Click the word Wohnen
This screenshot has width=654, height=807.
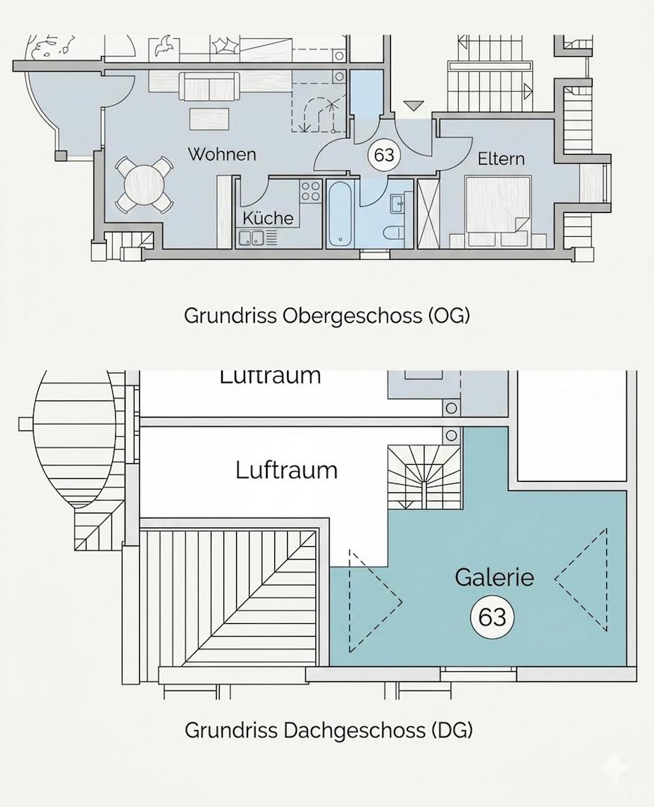click(x=221, y=155)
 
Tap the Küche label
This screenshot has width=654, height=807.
click(x=268, y=218)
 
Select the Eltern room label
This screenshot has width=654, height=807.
click(x=501, y=158)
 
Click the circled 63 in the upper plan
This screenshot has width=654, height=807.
click(x=383, y=155)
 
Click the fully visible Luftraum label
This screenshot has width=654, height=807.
click(x=286, y=471)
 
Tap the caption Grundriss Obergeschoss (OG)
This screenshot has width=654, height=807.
click(x=327, y=316)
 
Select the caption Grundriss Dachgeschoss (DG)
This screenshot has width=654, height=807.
click(x=329, y=730)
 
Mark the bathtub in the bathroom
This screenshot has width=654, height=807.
click(x=341, y=214)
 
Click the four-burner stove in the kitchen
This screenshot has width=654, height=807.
click(x=310, y=191)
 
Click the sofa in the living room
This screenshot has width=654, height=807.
click(x=209, y=85)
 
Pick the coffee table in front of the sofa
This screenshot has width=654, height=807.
click(x=209, y=118)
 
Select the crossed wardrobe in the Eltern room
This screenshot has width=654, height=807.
click(x=428, y=214)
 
